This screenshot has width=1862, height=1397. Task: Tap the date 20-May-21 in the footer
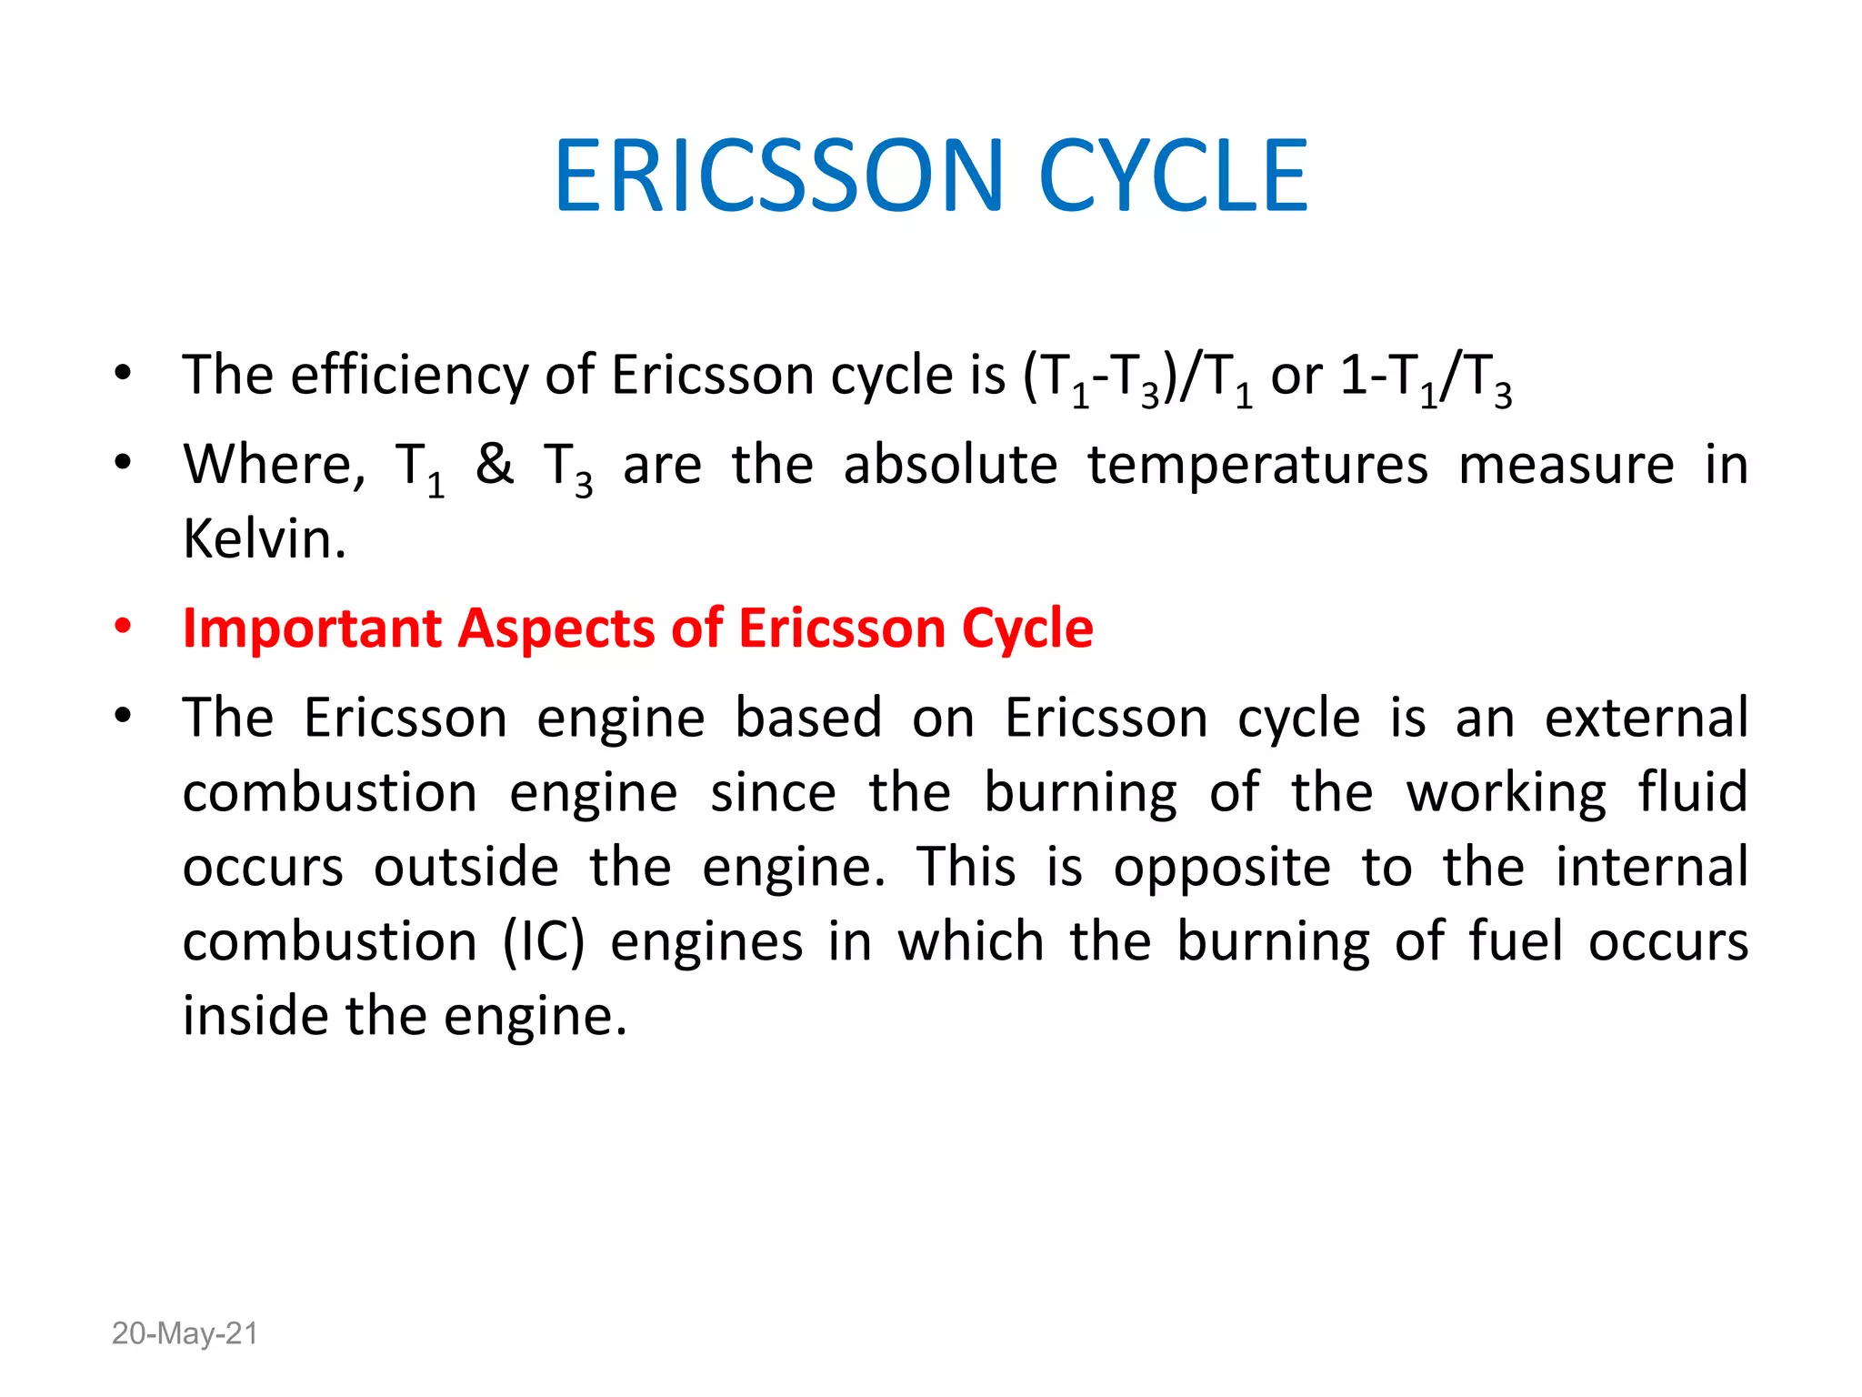point(185,1333)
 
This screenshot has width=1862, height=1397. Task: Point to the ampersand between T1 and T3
point(495,464)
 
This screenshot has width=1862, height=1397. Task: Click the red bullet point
point(123,628)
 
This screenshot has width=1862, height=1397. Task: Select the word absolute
point(950,465)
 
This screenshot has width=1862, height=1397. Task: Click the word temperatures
point(1257,465)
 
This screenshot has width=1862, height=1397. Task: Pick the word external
point(1646,718)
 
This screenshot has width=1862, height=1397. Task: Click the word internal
point(1651,866)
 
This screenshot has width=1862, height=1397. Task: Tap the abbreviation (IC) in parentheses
point(544,940)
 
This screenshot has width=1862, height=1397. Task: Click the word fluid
point(1693,791)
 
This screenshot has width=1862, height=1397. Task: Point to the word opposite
point(1222,868)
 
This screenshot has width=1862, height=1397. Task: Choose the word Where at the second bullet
point(268,465)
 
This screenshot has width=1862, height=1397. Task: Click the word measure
point(1566,465)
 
